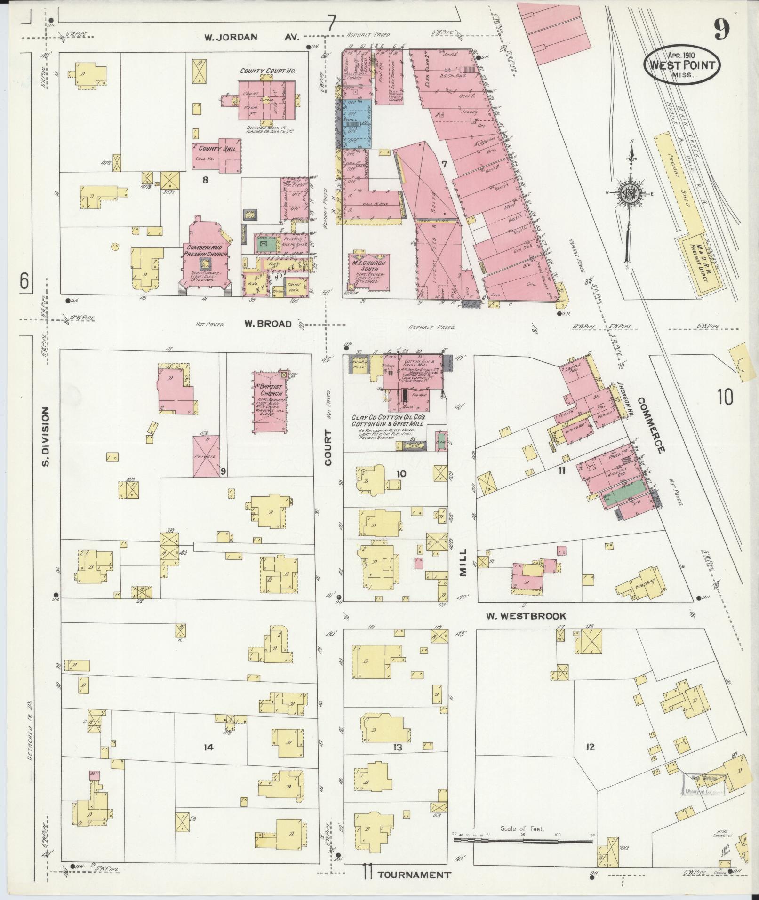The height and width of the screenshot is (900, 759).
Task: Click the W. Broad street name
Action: coord(268,324)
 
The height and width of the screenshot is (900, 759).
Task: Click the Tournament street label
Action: coord(414,875)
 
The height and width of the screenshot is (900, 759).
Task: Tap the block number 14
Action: coord(208,747)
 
